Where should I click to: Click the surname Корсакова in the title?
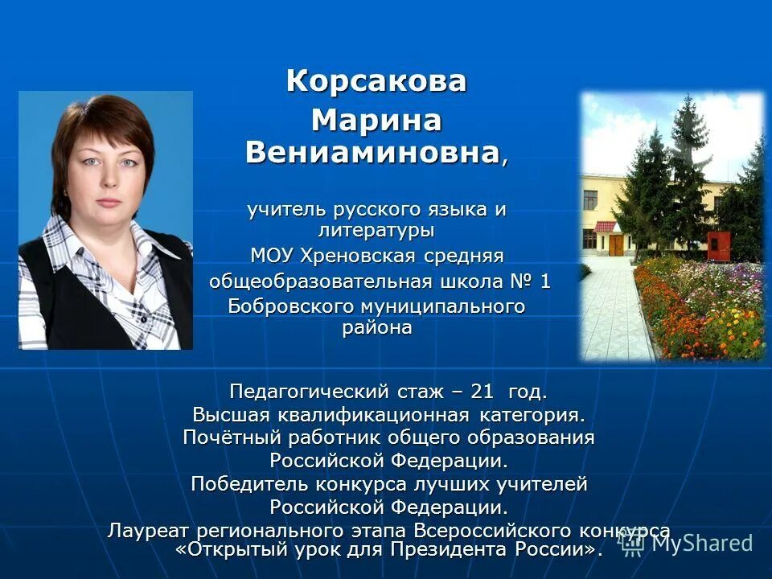[376, 81]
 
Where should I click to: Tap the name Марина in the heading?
[376, 121]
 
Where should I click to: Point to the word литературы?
[376, 231]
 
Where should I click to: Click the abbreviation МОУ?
[273, 257]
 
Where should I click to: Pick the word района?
[376, 328]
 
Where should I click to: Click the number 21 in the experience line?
[482, 392]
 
